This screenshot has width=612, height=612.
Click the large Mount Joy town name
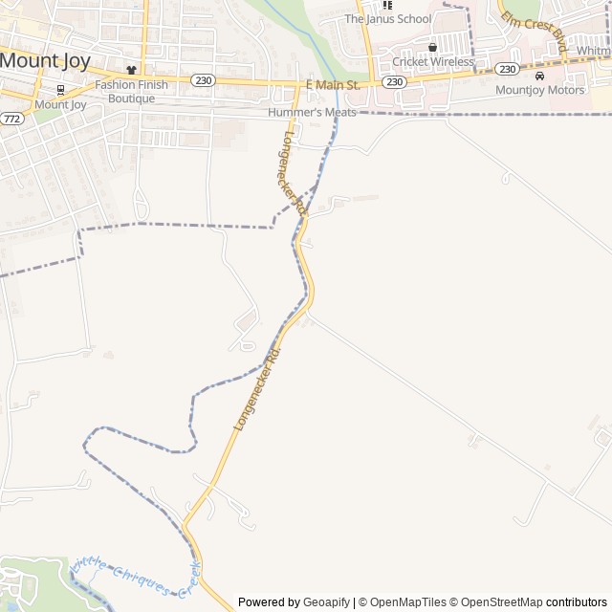point(45,61)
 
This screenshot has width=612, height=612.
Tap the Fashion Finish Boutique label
point(131,91)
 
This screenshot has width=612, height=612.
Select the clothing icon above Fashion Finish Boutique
point(131,71)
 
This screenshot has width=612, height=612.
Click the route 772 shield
point(11,119)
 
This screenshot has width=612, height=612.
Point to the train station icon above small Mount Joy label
point(60,90)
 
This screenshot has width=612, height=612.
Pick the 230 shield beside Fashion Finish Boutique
point(202,80)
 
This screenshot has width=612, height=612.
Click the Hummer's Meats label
point(312,113)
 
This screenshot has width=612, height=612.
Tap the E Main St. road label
point(332,85)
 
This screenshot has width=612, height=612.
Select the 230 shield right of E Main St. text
point(395,82)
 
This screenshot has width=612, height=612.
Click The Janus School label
point(387,19)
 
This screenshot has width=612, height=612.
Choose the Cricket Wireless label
point(432,62)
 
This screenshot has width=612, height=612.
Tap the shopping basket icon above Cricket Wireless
point(432,46)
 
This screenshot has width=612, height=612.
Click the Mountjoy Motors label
point(539,91)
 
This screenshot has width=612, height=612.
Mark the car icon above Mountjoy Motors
point(539,76)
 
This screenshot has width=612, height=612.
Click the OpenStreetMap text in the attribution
point(495,602)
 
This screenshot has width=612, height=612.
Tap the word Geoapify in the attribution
point(327,602)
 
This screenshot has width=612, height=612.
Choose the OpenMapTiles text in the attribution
point(407,602)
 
